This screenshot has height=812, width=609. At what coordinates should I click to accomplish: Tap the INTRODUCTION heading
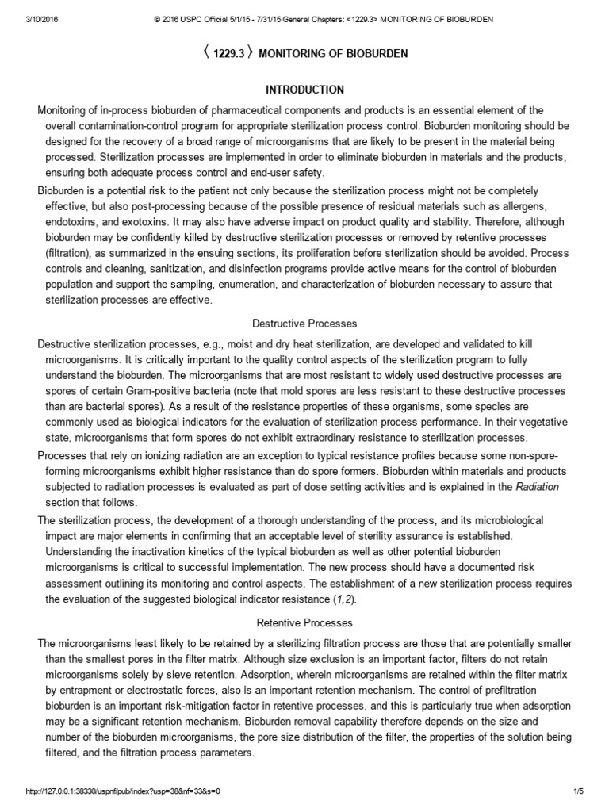pyautogui.click(x=304, y=90)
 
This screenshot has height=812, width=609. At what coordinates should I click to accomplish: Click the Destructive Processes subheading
pyautogui.click(x=304, y=324)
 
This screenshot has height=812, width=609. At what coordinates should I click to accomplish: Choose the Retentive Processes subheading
pyautogui.click(x=304, y=623)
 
